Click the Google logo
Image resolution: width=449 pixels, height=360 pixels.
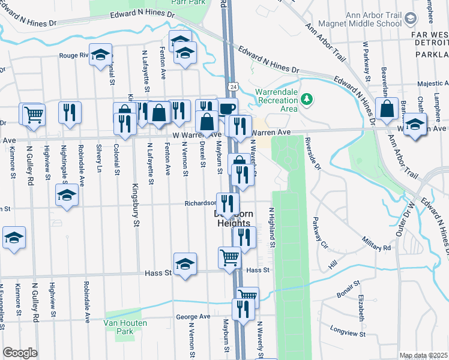(x=20, y=353)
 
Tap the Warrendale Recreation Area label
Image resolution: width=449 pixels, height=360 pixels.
(x=276, y=100)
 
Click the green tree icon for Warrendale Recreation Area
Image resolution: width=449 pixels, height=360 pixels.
(x=307, y=98)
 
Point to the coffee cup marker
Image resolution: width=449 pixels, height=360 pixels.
(x=227, y=109)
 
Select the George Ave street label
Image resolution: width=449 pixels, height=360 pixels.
(x=193, y=317)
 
